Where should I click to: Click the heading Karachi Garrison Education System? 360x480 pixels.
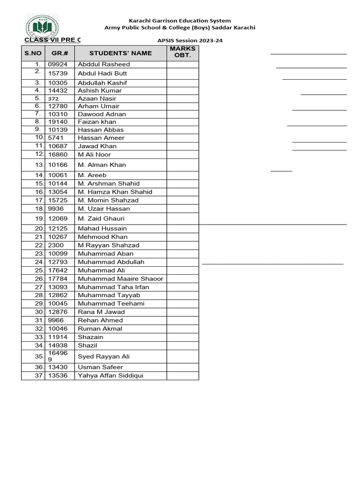click(x=180, y=21)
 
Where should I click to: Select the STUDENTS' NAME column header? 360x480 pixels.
click(x=120, y=53)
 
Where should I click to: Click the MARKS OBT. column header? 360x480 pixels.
click(x=183, y=52)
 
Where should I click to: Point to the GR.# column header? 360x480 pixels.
click(x=60, y=53)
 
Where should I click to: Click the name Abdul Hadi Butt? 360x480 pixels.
click(x=102, y=74)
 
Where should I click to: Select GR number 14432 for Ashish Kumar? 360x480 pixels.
click(x=58, y=90)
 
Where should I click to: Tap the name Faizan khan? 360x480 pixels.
click(x=97, y=122)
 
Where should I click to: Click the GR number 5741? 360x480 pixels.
click(x=55, y=138)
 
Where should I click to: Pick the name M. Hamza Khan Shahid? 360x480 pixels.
click(x=115, y=192)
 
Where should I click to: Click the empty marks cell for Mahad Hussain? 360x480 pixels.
click(x=183, y=228)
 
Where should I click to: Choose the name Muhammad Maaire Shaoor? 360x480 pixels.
click(x=120, y=278)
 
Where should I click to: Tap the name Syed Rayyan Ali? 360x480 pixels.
click(x=104, y=356)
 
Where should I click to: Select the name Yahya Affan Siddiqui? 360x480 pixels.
click(x=111, y=375)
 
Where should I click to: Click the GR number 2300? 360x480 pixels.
click(x=56, y=245)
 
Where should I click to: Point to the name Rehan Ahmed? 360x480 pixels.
click(x=100, y=320)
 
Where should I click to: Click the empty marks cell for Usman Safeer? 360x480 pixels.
click(x=183, y=367)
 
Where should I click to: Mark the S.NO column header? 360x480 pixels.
click(x=33, y=53)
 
